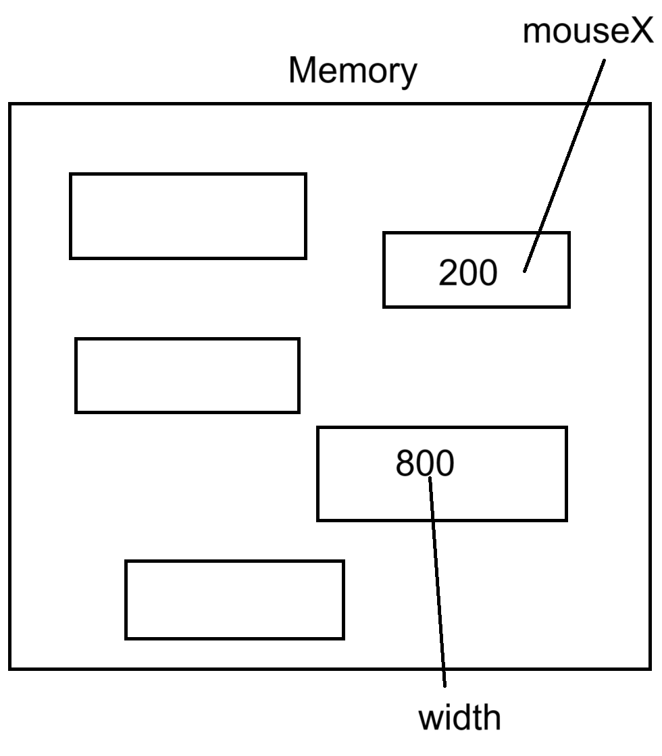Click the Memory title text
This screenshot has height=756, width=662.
353,70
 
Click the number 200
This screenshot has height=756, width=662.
467,273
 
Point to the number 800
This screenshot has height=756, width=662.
424,464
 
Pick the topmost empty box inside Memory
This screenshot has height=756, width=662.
188,216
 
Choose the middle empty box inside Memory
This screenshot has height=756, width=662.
187,375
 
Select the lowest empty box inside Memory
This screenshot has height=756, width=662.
234,599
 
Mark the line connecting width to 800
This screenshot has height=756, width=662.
438,581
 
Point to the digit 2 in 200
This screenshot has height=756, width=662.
449,273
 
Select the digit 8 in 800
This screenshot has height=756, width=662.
405,464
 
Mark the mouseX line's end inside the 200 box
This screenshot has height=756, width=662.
525,271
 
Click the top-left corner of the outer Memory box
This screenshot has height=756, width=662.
10,104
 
